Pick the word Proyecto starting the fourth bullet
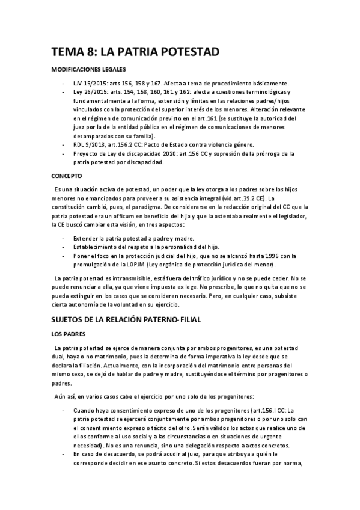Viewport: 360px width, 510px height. pyautogui.click(x=88, y=153)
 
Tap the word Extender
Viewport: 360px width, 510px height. pyautogui.click(x=88, y=238)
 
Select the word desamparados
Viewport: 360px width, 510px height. pyautogui.click(x=99, y=136)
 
